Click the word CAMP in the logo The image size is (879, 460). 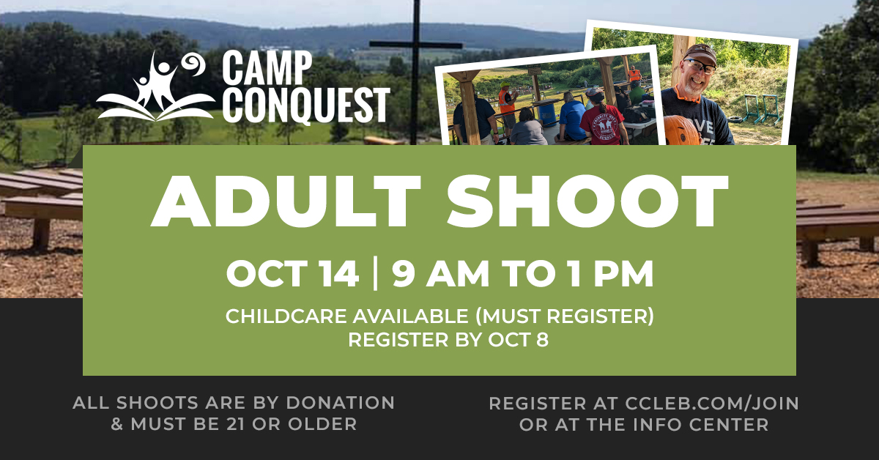(x=267, y=67)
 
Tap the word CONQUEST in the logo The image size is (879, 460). (x=306, y=105)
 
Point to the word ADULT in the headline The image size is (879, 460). (x=286, y=201)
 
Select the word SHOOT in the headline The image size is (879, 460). (x=587, y=201)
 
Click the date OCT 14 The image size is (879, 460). (x=292, y=273)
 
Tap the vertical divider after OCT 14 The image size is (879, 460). (x=376, y=273)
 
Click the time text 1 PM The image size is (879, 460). (x=612, y=273)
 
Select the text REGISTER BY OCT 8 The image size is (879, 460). (x=448, y=340)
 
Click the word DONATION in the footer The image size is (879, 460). (x=340, y=403)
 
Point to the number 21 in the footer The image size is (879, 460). (x=236, y=424)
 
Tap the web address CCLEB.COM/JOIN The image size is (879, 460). (x=712, y=404)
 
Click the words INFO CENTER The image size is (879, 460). (x=697, y=425)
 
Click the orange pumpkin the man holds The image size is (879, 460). (x=682, y=131)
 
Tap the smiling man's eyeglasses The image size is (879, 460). (x=700, y=66)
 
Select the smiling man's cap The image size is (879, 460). (x=700, y=53)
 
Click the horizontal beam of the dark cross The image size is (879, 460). (x=415, y=45)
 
